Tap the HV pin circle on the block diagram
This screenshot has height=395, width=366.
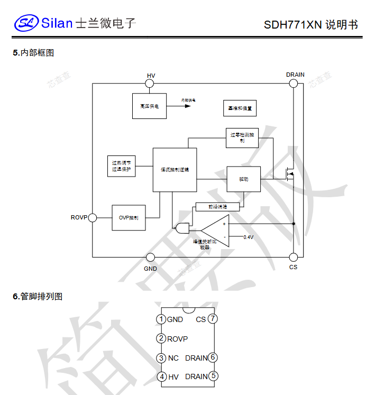point(151,84)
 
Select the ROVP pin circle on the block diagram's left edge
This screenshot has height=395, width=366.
point(93,217)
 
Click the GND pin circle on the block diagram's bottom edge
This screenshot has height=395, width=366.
point(151,258)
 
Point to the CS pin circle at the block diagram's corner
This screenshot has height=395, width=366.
point(294,258)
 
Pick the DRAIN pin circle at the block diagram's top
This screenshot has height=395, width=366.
point(294,84)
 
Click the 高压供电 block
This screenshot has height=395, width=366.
point(150,106)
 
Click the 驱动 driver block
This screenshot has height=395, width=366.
point(243,179)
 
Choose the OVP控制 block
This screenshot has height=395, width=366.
point(129,217)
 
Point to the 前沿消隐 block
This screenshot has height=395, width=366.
point(217,207)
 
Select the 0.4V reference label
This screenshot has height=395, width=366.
point(249,237)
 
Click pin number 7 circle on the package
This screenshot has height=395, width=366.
point(213,319)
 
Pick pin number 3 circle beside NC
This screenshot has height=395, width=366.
point(161,358)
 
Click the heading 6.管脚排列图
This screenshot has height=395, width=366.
point(38,297)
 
